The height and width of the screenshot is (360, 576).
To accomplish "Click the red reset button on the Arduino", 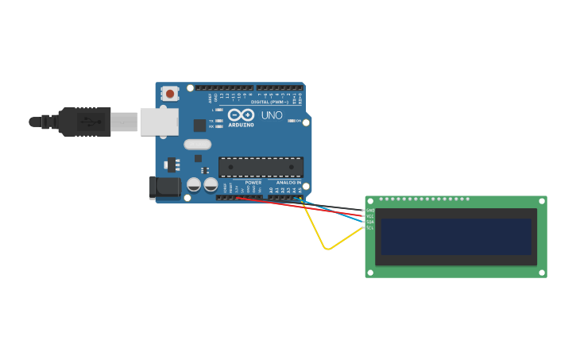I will coord(169,93).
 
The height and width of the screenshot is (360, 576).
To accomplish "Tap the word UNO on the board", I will coord(272,115).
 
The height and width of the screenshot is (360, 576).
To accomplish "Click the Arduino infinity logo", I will coord(241,115).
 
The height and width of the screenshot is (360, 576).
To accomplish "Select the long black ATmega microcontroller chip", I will coord(261,167).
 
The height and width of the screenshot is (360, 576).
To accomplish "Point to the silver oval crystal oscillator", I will coord(197,145).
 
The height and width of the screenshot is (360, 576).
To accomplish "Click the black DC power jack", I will coord(164,188).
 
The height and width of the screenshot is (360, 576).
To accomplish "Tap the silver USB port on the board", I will coord(159,122).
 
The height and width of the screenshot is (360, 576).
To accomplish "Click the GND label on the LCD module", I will coord(370,211).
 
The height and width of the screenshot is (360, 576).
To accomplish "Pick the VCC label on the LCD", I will coord(370,216).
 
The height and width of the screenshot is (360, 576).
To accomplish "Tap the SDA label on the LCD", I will coord(370,222).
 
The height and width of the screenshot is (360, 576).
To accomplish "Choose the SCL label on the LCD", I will coord(370,227).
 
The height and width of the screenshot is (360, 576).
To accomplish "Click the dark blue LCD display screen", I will coord(455,237).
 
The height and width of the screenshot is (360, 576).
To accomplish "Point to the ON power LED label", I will coord(299,121).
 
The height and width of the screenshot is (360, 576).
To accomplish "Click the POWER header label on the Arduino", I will coord(253,182).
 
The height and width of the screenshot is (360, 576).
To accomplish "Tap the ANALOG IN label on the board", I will coord(288,182).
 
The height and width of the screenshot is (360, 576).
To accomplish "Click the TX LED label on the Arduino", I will coord(211,121).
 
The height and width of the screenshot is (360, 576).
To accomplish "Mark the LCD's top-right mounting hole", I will coord(542,200).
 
